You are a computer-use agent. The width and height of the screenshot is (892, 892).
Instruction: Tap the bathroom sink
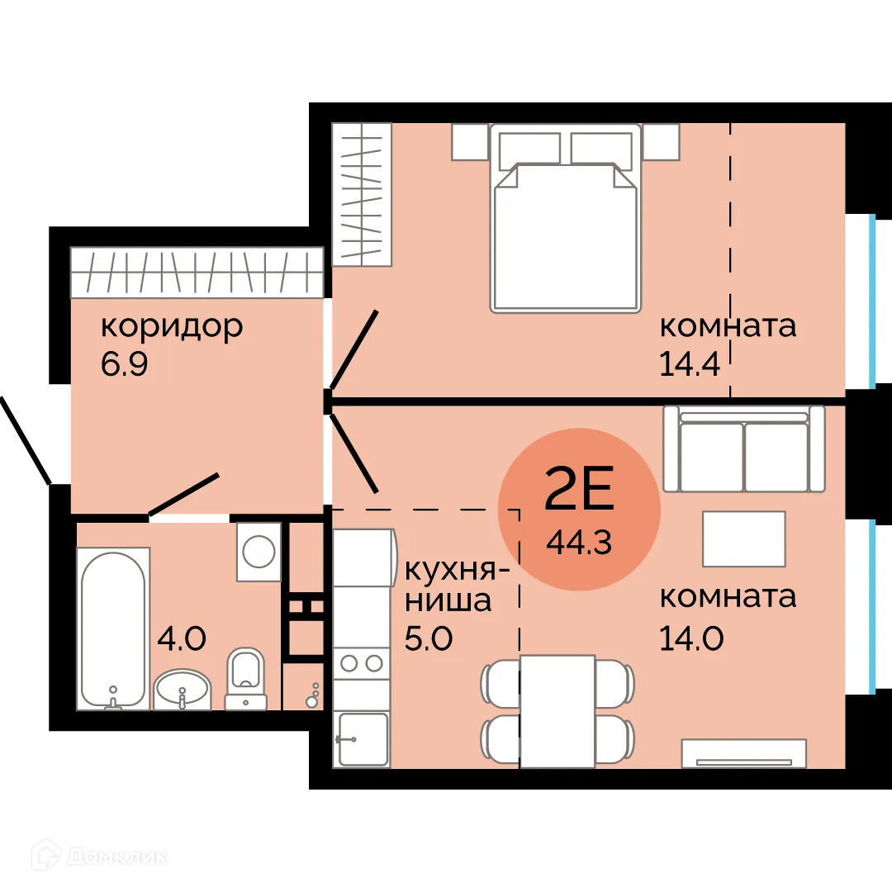pyautogui.click(x=182, y=688)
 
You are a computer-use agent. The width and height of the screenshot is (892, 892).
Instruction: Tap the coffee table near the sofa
pyautogui.click(x=743, y=539)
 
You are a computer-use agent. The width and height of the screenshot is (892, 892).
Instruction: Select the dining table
pyautogui.click(x=557, y=710)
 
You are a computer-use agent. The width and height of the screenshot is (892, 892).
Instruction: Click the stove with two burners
pyautogui.click(x=361, y=662)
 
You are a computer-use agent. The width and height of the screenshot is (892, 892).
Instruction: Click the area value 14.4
pyautogui.click(x=692, y=364)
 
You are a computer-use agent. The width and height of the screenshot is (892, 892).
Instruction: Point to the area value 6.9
pyautogui.click(x=124, y=364)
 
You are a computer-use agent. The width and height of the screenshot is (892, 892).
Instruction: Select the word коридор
pyautogui.click(x=172, y=326)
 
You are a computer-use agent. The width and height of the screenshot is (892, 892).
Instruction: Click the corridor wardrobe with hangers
pyautogui.click(x=196, y=272)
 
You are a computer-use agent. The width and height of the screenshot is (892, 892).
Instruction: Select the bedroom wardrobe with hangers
pyautogui.click(x=361, y=194)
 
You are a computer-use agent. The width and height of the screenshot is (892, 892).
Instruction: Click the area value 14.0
pyautogui.click(x=692, y=638)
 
